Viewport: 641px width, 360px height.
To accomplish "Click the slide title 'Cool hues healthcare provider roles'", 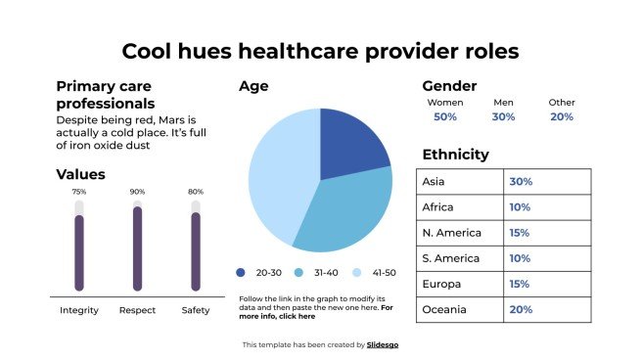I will [320, 51].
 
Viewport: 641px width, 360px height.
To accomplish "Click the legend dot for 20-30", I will [241, 273].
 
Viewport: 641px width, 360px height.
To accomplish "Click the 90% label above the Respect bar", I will [137, 192].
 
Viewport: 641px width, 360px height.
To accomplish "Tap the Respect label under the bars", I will [137, 310].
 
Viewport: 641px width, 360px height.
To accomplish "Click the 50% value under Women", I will [445, 116].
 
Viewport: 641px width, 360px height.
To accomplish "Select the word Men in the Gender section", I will [503, 102].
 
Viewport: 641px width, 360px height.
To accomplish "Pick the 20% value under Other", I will [562, 116].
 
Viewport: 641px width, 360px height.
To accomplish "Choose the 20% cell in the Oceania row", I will [520, 309].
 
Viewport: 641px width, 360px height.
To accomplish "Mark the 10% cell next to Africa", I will [520, 207].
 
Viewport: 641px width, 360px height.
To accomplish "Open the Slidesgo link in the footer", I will [383, 344].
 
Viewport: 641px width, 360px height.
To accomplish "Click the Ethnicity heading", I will [455, 155].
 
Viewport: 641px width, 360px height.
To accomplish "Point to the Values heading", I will [80, 174].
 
